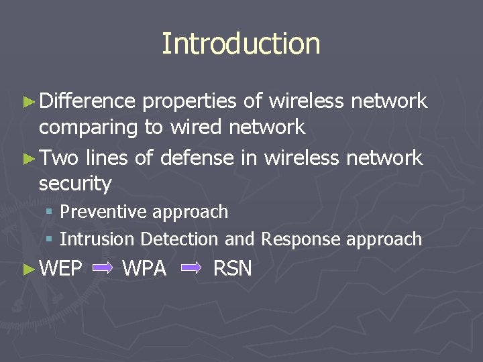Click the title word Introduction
coord(241,44)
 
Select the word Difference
coord(87,101)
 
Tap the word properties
coord(190,102)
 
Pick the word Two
coord(59,158)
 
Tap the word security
coord(75,183)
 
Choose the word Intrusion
coord(98,239)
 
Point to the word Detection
coord(179,239)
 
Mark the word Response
coord(294,239)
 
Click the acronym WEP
coord(61,269)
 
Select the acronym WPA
coord(144,269)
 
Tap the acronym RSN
coord(232,269)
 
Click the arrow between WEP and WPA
coord(103,269)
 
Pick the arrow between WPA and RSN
coord(191,269)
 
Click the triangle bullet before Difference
coord(28,102)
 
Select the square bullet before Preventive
coord(49,213)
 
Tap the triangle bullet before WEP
coord(28,269)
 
